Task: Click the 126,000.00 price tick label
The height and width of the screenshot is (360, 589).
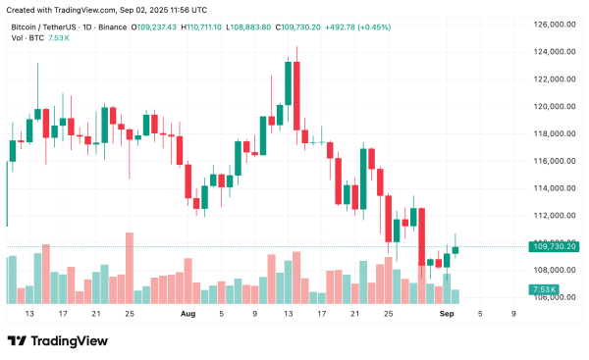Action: [553, 25]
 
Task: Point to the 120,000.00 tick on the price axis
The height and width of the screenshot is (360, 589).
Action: [553, 106]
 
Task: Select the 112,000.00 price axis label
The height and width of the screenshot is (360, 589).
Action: [553, 215]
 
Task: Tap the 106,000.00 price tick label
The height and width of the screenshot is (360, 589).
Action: [553, 297]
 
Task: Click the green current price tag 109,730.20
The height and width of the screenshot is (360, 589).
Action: [553, 246]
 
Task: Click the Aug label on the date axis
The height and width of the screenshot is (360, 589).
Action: [188, 314]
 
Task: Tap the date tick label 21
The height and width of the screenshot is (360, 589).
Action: [96, 314]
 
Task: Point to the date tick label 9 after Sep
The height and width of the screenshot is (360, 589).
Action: [514, 314]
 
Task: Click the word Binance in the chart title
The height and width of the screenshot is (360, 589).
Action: [109, 26]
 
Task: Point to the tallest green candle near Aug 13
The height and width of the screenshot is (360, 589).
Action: [289, 94]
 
